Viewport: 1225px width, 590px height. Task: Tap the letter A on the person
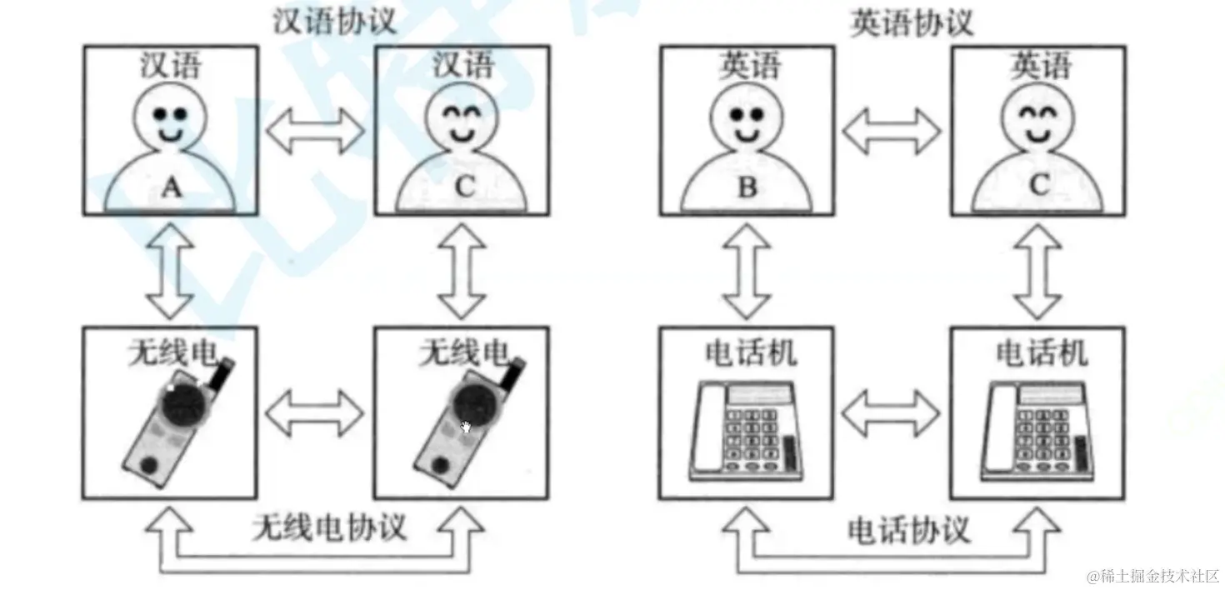pyautogui.click(x=171, y=188)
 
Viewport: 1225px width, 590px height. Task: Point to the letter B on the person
pyautogui.click(x=747, y=187)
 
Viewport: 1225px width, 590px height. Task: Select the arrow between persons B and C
pyautogui.click(x=892, y=131)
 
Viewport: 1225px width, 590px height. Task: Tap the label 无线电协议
pyautogui.click(x=329, y=527)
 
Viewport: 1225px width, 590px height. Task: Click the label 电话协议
pyautogui.click(x=908, y=530)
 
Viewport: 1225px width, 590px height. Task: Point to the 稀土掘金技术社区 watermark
pyautogui.click(x=1153, y=575)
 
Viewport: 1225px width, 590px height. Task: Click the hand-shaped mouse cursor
pyautogui.click(x=467, y=427)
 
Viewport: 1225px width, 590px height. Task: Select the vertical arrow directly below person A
pyautogui.click(x=171, y=271)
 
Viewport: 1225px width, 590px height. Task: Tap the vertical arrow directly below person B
pyautogui.click(x=747, y=271)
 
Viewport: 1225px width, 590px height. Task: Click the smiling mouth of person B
pyautogui.click(x=747, y=133)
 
